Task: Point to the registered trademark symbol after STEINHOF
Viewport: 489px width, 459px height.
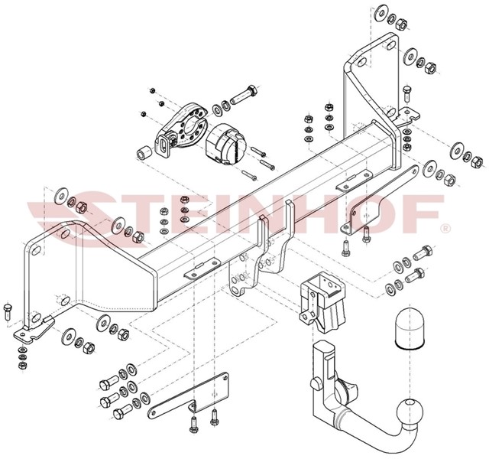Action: click(x=445, y=228)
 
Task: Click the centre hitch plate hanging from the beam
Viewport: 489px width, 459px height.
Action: click(x=264, y=256)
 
